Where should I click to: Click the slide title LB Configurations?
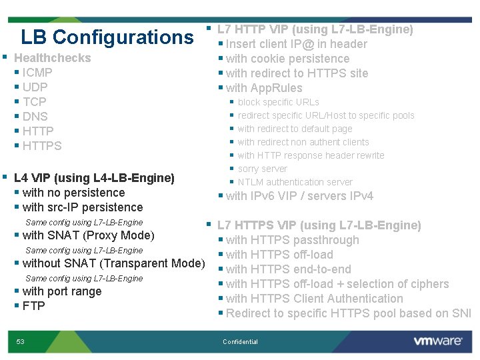click(x=107, y=37)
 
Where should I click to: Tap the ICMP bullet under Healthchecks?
click(x=37, y=73)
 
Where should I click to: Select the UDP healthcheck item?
click(x=35, y=87)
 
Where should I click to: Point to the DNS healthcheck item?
click(x=35, y=117)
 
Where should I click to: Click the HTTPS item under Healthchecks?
click(x=42, y=146)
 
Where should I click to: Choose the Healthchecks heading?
click(x=52, y=58)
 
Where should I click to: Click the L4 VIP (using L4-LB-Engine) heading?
click(x=94, y=178)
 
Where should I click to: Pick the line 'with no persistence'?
click(x=73, y=193)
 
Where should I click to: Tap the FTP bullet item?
click(x=33, y=306)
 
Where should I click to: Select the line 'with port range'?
click(x=62, y=291)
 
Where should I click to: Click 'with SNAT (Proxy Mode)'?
click(x=88, y=235)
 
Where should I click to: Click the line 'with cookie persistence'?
click(x=287, y=59)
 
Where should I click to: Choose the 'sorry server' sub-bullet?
click(x=263, y=169)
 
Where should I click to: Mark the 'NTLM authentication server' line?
click(x=295, y=182)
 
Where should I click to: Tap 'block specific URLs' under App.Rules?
click(x=279, y=102)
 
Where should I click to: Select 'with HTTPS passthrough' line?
click(x=292, y=240)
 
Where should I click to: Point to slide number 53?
click(x=21, y=342)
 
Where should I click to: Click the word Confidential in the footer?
click(x=240, y=342)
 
